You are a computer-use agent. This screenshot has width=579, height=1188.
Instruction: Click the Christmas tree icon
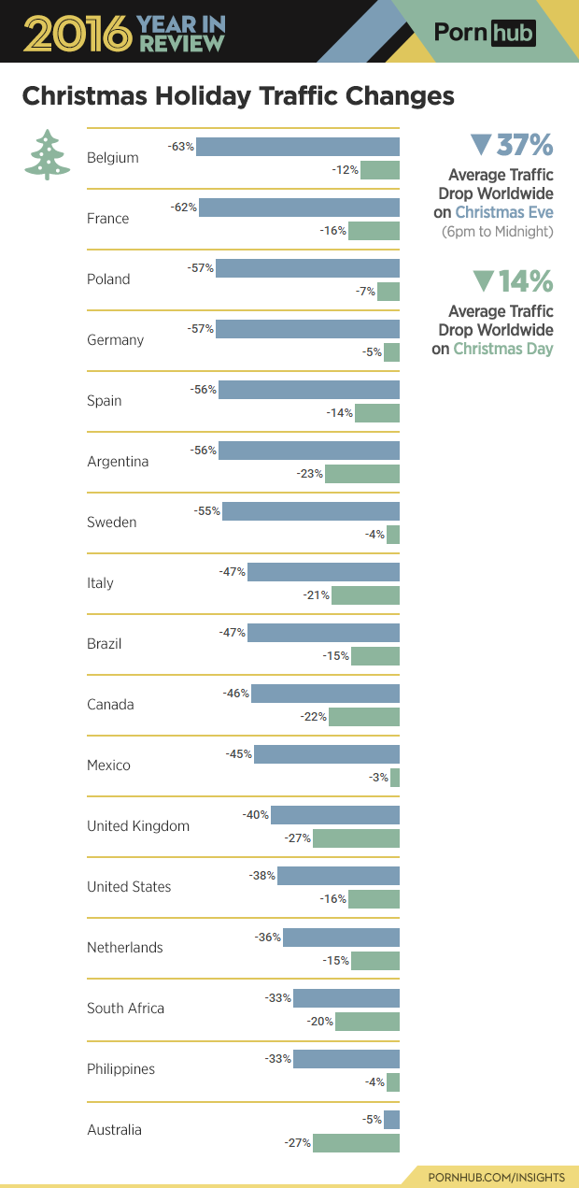47,155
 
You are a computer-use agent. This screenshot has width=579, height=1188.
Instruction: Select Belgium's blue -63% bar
298,147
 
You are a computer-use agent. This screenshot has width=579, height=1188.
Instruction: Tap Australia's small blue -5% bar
392,1119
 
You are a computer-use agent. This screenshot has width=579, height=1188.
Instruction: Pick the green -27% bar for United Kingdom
356,838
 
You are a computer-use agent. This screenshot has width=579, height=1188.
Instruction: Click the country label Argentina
118,462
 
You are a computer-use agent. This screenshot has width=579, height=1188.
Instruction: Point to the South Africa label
125,1009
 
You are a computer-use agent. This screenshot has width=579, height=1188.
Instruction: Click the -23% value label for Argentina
310,474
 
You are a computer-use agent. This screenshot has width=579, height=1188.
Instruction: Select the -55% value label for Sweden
207,511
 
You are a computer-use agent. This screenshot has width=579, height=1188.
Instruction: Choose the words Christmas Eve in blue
504,212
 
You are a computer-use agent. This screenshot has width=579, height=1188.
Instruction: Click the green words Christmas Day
503,349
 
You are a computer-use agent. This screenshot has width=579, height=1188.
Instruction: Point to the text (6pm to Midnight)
497,231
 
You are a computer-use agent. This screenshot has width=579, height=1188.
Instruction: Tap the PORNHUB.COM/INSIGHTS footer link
496,1175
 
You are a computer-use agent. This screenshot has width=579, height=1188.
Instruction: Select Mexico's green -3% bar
395,778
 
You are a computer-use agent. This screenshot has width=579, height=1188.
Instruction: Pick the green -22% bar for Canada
364,717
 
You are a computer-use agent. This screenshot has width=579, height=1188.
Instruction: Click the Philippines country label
120,1069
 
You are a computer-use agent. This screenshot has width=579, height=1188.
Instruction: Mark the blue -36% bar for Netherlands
342,937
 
